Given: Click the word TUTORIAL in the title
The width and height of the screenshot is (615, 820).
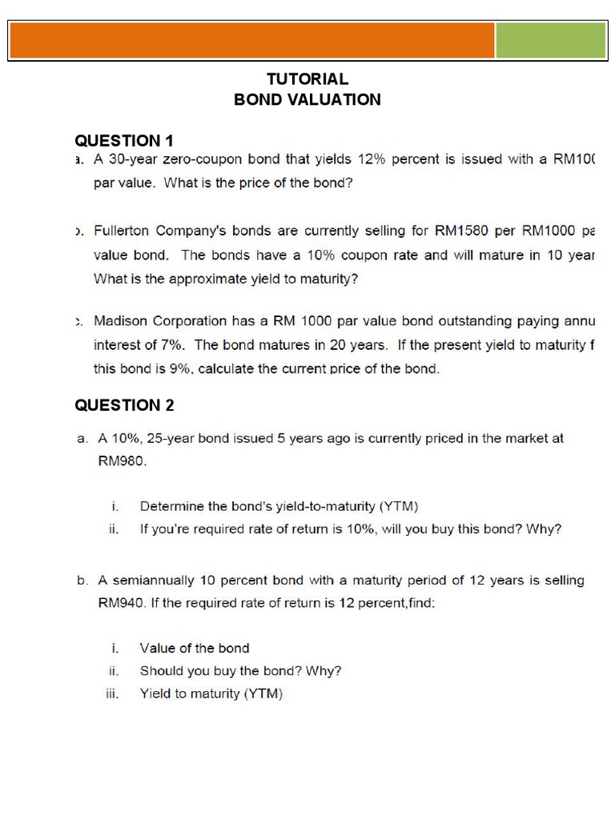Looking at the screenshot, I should pos(307,79).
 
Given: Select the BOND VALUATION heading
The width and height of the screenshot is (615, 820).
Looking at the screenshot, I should pos(307,100).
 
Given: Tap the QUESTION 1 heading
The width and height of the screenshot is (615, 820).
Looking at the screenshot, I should pos(124,142).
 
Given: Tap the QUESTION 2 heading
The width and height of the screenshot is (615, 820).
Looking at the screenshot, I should pos(124,405).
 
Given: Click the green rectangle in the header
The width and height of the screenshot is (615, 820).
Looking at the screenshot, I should pos(551,40).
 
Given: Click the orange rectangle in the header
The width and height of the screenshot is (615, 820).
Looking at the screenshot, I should pos(252,40).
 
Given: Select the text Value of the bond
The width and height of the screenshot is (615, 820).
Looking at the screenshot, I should pos(195,649).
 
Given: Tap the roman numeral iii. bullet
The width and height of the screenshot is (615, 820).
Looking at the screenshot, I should pos(112,694).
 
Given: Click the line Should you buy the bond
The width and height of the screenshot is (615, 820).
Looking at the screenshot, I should pos(240,671).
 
